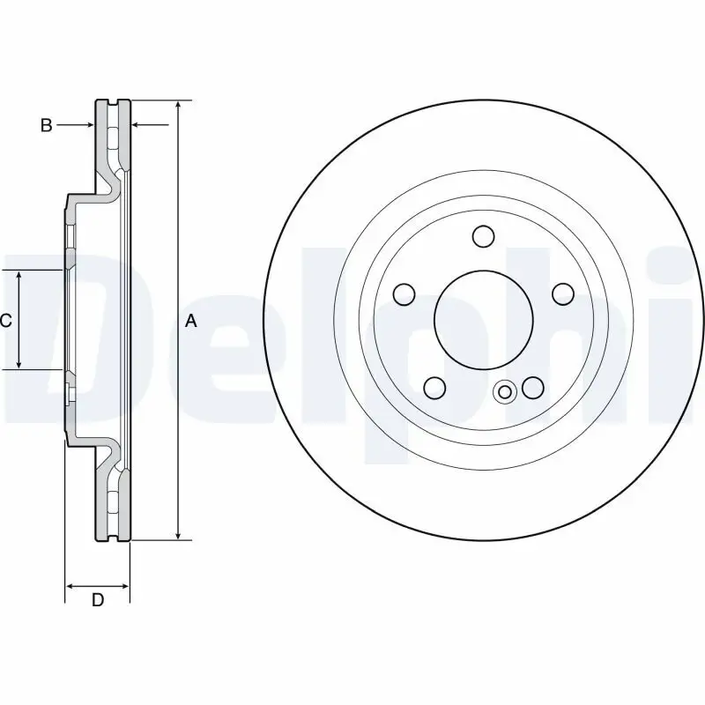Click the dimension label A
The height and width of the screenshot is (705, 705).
[x=191, y=322]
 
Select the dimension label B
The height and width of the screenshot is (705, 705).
[x=46, y=125]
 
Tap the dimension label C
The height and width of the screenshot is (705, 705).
[x=5, y=321]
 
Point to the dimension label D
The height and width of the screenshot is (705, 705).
[x=98, y=601]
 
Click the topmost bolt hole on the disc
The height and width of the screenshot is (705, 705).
[x=483, y=236]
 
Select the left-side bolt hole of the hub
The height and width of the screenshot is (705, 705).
[x=404, y=293]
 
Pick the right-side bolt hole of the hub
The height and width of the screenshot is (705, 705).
[x=561, y=293]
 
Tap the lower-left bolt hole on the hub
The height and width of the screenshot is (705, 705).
[x=434, y=387]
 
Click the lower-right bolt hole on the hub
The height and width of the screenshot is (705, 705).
[x=532, y=387]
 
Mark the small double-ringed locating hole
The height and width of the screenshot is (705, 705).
[x=505, y=393]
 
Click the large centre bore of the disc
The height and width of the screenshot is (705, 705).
[x=483, y=319]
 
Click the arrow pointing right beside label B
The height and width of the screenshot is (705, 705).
[x=88, y=125]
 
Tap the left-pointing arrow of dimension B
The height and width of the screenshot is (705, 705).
[x=137, y=125]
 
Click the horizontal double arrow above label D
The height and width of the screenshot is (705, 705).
[x=98, y=585]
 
